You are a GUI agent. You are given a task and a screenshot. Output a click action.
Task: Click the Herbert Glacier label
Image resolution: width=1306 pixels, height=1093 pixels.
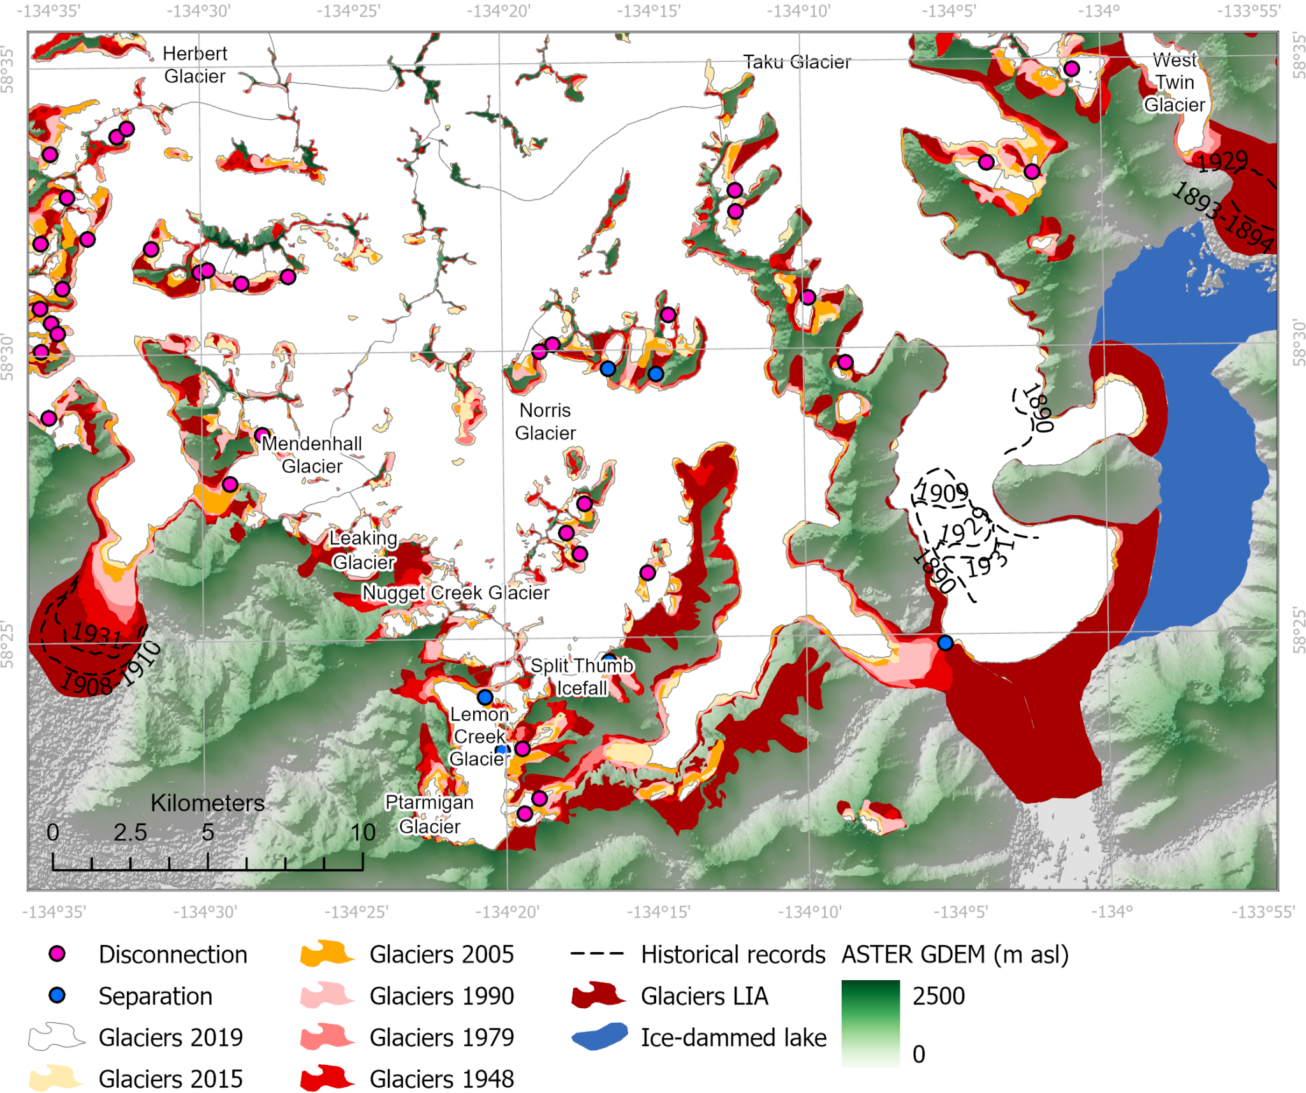point(194,64)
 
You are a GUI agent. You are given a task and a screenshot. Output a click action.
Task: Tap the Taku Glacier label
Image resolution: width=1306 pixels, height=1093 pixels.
point(796,62)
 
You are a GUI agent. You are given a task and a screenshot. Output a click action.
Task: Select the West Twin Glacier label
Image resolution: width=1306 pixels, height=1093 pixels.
point(1174,82)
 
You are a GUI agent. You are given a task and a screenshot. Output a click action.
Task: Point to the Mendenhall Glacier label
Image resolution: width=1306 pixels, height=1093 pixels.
point(312,454)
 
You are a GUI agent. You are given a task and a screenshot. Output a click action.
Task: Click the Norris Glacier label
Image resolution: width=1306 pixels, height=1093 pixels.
point(545,422)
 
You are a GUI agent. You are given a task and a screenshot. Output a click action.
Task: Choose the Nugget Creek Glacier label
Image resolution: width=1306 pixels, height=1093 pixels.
point(455,592)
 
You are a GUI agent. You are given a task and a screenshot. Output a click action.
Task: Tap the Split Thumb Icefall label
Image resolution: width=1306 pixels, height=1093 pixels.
point(582,677)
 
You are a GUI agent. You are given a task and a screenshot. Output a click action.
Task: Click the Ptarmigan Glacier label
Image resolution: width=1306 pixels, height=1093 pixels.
point(429,814)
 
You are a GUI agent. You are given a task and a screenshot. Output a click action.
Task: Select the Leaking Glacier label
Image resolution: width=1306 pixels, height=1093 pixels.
point(363,550)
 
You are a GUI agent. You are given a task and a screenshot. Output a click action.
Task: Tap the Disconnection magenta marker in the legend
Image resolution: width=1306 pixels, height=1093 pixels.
point(57,953)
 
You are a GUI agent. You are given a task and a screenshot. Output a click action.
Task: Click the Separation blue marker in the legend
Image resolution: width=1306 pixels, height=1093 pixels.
point(57,995)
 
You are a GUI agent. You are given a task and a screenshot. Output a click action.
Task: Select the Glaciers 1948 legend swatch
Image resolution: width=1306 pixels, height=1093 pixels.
point(326,1078)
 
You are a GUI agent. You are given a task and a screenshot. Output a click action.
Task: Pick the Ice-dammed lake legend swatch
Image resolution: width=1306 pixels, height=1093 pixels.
point(599,1037)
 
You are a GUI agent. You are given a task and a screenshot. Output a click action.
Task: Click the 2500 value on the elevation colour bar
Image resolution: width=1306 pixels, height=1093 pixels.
point(938,995)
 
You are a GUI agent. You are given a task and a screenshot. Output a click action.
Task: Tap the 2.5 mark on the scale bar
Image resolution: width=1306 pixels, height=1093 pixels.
point(130,832)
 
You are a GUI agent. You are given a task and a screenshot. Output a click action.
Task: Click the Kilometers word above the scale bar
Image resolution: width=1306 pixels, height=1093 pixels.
point(207,803)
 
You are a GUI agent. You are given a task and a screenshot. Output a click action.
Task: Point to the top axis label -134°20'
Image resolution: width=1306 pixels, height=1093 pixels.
point(498,11)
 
